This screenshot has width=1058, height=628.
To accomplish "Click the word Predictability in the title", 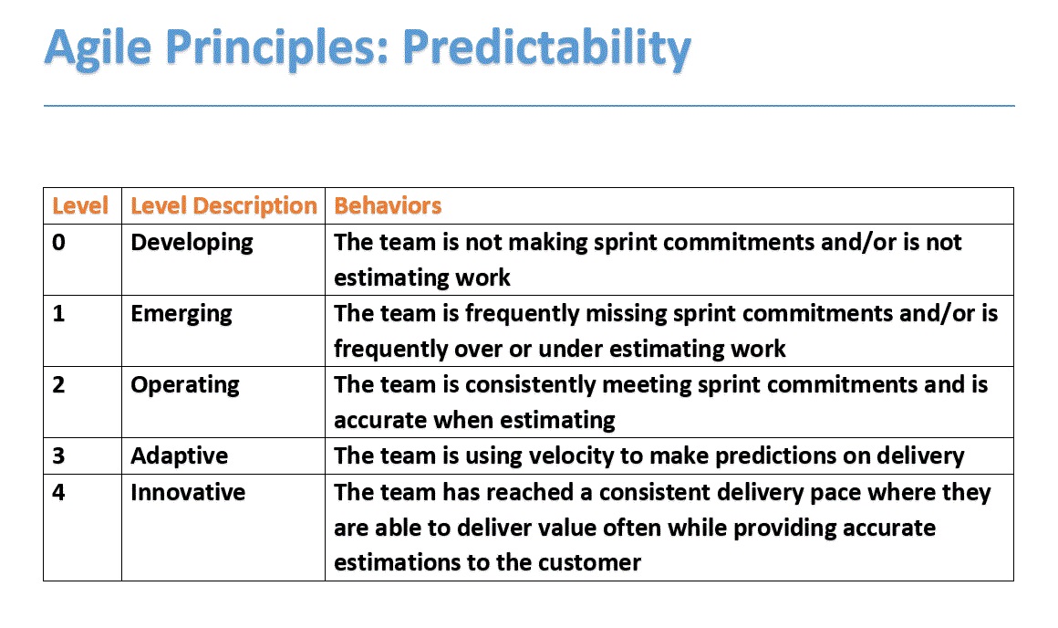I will [x=546, y=47].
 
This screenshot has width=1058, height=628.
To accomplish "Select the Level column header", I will [x=80, y=206].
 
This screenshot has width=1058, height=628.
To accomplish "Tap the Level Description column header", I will [x=223, y=206].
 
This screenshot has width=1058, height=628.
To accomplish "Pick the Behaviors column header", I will [x=388, y=206].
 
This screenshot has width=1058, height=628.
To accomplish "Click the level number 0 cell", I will [x=59, y=243].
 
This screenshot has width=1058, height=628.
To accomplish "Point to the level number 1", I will [x=59, y=314].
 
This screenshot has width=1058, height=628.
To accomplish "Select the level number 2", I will [x=59, y=385].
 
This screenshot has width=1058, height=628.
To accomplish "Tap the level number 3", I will [x=59, y=456].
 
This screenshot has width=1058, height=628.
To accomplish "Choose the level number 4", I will [x=59, y=493].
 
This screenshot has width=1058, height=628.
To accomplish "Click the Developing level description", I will [x=192, y=243].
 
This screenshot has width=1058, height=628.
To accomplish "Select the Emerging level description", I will [x=182, y=314].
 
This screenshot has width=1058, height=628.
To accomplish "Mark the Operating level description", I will [x=185, y=385].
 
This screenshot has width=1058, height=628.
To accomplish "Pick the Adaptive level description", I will [x=179, y=456].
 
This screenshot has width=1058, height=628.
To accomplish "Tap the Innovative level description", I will [x=188, y=493].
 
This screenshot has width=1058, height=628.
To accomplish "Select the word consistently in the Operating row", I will [x=538, y=385].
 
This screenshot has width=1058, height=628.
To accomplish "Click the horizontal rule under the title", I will [x=529, y=106].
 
